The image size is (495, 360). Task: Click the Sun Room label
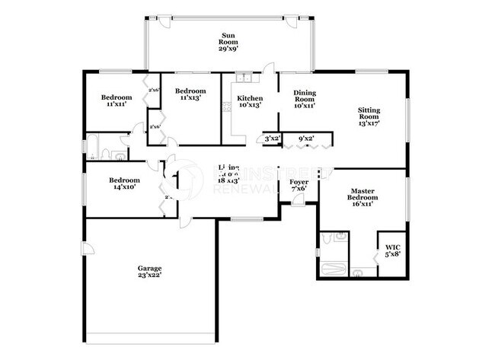tap(228, 41)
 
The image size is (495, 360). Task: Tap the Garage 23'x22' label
tap(149, 272)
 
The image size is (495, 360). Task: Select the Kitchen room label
tap(250, 103)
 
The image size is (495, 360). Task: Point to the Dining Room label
tap(305, 99)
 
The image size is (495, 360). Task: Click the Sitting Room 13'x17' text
tap(369, 116)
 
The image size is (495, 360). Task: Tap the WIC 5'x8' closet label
tap(393, 250)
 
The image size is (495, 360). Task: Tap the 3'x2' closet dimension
tap(272, 139)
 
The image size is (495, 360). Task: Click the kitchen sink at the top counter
tap(244, 77)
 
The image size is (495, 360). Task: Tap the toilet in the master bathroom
tap(358, 270)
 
